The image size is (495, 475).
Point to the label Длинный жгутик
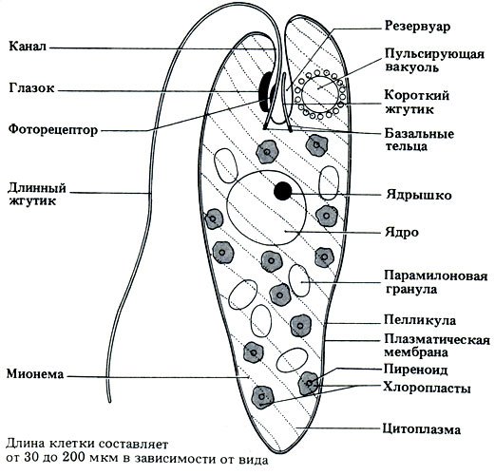pyautogui.click(x=35, y=193)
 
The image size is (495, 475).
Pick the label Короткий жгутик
pyautogui.click(x=417, y=103)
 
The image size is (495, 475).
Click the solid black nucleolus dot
pyautogui.click(x=282, y=191)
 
